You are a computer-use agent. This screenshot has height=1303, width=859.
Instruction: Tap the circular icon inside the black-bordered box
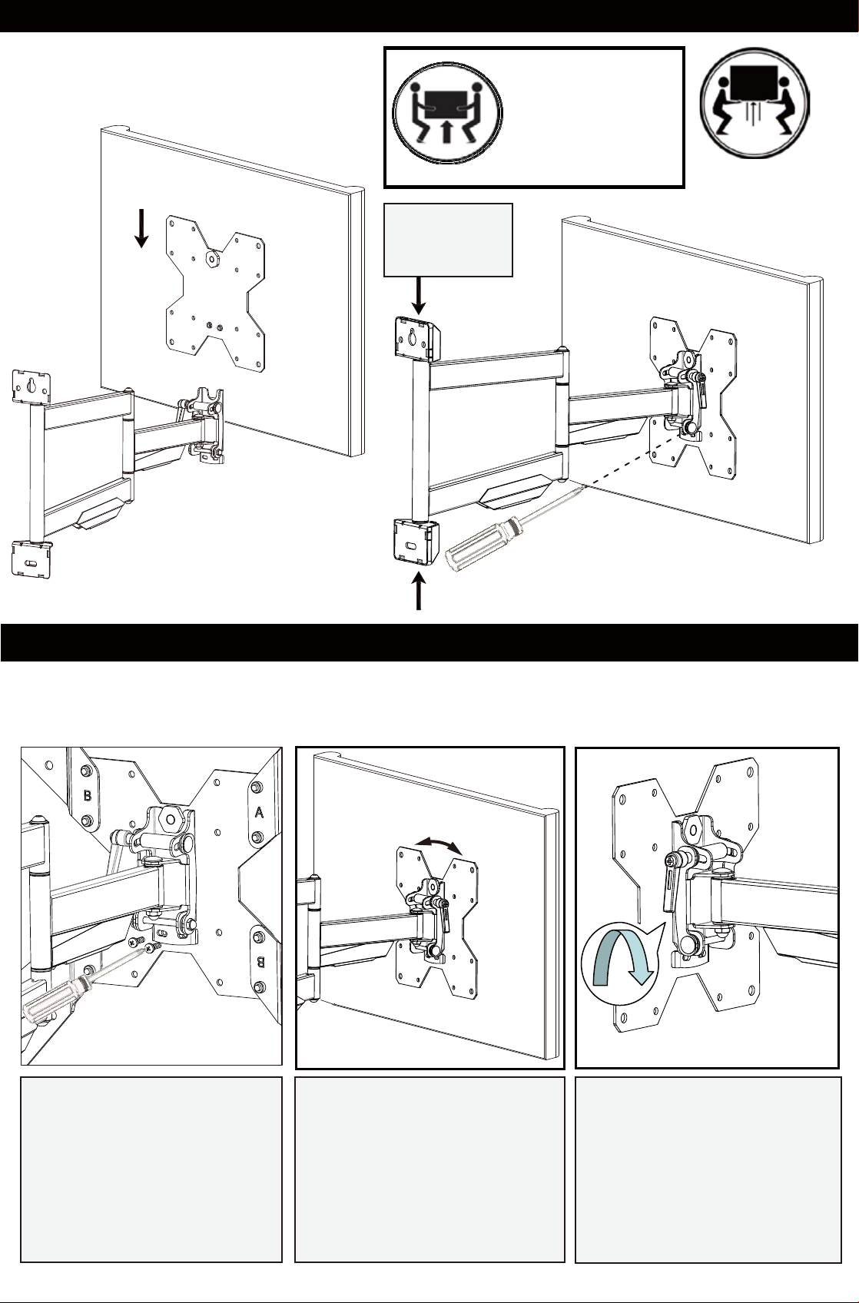click(447, 114)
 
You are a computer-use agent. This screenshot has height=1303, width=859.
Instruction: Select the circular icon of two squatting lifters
click(755, 103)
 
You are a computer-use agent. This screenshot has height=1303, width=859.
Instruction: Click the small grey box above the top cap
click(448, 240)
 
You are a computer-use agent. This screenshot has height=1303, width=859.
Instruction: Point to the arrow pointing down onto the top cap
click(419, 297)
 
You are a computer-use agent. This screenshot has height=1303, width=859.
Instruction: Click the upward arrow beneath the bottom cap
click(419, 591)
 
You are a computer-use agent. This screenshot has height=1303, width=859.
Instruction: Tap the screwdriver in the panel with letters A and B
click(81, 983)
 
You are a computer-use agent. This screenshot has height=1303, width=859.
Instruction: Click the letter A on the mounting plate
click(260, 812)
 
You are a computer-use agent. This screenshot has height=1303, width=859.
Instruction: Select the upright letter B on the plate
click(88, 794)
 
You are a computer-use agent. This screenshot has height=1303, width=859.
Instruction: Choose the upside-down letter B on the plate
click(260, 962)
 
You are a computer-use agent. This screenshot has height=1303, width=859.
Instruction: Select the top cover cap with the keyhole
click(417, 339)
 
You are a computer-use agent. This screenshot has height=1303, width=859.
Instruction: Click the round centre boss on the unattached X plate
click(212, 257)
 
